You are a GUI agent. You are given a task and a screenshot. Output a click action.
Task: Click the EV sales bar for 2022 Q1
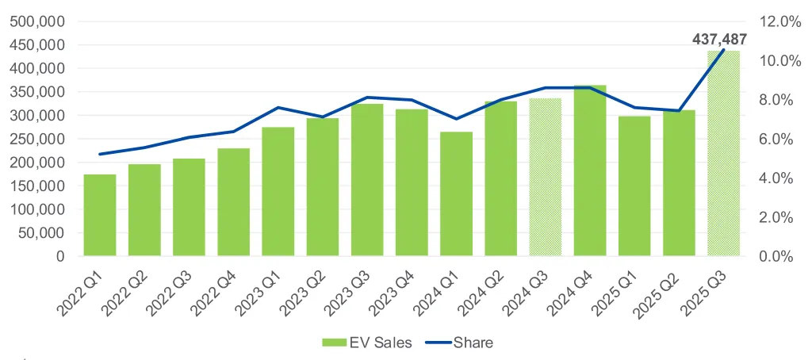(x=100, y=215)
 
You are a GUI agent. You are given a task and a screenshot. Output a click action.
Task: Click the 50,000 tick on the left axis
(x=44, y=233)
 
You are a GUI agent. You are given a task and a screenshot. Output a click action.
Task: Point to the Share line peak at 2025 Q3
(x=723, y=51)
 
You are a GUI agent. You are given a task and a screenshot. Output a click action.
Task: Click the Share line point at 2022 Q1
(x=100, y=154)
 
